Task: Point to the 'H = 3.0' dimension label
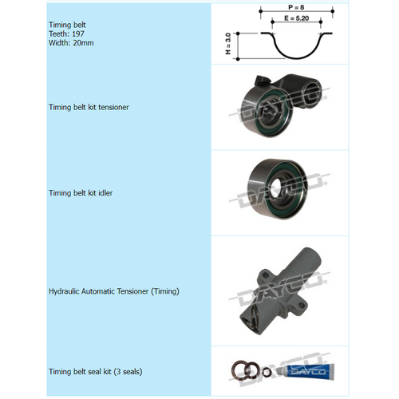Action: click(227, 45)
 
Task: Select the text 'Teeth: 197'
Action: click(66, 34)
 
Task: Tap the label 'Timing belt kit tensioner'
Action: click(89, 107)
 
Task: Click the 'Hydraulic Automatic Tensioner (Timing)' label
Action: click(114, 291)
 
